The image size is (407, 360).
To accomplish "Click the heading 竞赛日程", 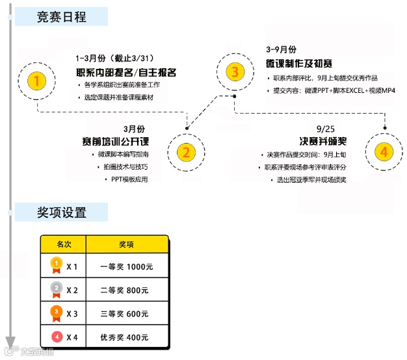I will [x=62, y=17].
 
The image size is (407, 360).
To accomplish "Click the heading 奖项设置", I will [x=62, y=212].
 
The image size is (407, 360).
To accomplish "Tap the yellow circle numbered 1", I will [x=38, y=81].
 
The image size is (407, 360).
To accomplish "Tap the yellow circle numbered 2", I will [x=186, y=153].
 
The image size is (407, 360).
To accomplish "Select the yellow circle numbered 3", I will [x=235, y=71].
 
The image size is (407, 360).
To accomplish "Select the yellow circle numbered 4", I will [x=384, y=152].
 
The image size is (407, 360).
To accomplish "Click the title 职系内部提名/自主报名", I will [x=126, y=71].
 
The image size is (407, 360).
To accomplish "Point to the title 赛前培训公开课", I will [x=116, y=141].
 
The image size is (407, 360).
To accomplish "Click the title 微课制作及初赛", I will [x=299, y=64].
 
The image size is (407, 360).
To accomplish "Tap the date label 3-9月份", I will [x=281, y=49].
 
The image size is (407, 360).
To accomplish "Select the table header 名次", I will [x=63, y=244].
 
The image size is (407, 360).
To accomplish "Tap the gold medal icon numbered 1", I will [x=57, y=265].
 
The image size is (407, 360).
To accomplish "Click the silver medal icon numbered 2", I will [x=57, y=289].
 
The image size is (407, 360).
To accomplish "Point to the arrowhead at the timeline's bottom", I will [x=10, y=342].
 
